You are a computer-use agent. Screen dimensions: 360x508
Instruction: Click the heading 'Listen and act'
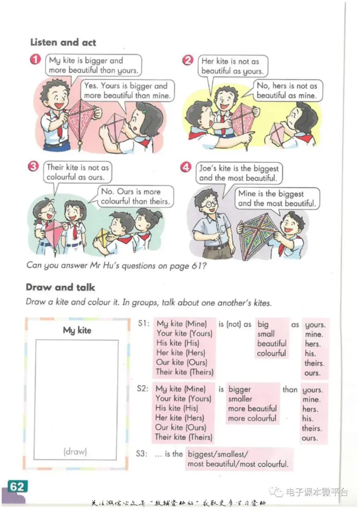[x=63, y=42]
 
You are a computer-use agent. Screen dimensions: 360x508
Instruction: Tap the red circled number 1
[x=36, y=59]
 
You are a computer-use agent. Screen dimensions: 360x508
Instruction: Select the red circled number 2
[x=188, y=60]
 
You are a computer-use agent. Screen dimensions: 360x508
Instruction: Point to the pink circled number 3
[x=33, y=166]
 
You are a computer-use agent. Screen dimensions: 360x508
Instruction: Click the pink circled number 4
[x=186, y=167]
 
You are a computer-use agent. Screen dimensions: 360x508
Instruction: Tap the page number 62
[x=18, y=486]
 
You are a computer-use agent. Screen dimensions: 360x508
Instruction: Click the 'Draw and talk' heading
[x=60, y=287]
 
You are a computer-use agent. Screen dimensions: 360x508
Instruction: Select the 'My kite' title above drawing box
[x=77, y=330]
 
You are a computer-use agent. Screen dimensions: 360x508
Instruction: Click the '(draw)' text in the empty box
[x=75, y=451]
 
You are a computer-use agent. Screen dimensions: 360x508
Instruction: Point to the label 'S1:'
[x=144, y=323]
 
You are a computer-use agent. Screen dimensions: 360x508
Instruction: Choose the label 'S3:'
[x=141, y=454]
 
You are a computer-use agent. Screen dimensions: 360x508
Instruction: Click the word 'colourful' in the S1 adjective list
[x=271, y=353]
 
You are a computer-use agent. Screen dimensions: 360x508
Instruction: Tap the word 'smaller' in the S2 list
[x=240, y=399]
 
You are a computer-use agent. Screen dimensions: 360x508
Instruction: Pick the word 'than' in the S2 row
[x=290, y=389]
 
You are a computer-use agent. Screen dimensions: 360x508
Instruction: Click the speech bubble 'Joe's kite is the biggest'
[x=239, y=174]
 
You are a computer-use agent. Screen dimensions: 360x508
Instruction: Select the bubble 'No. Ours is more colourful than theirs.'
[x=135, y=196]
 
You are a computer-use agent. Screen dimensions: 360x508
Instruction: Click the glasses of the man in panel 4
[x=210, y=204]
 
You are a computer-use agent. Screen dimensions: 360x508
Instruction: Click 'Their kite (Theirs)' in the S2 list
[x=184, y=437]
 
